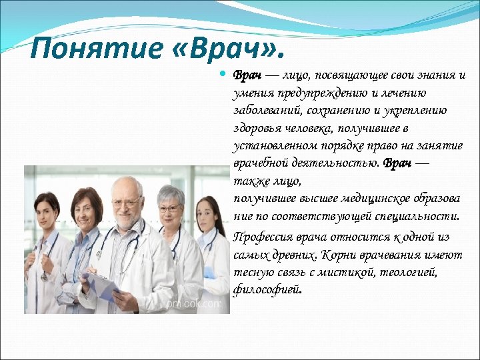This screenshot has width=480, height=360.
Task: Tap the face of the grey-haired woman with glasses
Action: coord(170,209)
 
